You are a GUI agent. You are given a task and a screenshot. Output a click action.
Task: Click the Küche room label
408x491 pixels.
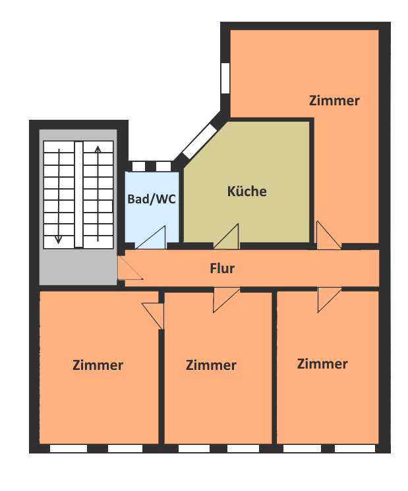pos(247,192)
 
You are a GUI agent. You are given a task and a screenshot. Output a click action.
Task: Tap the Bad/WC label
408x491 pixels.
pos(152,199)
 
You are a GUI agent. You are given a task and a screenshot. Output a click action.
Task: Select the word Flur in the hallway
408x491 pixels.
pos(222,269)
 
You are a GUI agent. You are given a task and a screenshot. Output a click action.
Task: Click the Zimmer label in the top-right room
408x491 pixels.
pos(334,101)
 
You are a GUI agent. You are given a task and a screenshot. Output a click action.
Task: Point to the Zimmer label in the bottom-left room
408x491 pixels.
pos(98,365)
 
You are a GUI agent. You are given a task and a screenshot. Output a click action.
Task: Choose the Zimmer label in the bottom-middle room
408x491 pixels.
pos(211,365)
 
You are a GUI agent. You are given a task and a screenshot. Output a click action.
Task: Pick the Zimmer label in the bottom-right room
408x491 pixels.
pos(322,364)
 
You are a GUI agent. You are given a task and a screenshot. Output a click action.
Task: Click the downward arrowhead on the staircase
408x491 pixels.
pos(58,240)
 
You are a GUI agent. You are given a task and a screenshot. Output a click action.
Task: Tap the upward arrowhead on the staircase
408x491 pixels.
pos(98,149)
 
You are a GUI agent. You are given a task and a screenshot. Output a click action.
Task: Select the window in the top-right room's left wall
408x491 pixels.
pos(225,78)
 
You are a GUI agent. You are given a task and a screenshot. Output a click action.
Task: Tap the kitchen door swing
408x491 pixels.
pos(227,236)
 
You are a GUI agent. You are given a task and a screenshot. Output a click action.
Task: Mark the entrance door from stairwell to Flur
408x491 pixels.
pos(130,268)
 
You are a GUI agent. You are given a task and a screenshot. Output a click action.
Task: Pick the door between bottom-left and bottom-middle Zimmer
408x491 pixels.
pos(154,316)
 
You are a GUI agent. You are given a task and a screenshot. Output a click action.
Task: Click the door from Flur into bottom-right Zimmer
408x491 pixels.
pos(330,299)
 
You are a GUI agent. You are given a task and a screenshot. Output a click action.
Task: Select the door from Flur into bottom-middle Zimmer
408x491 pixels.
pos(226,300)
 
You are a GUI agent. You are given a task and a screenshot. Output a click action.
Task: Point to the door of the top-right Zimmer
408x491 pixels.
pos(329,235)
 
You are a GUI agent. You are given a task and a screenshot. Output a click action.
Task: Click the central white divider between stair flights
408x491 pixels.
pos(78,194)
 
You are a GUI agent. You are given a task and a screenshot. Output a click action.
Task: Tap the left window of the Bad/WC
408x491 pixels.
pos(138,167)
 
